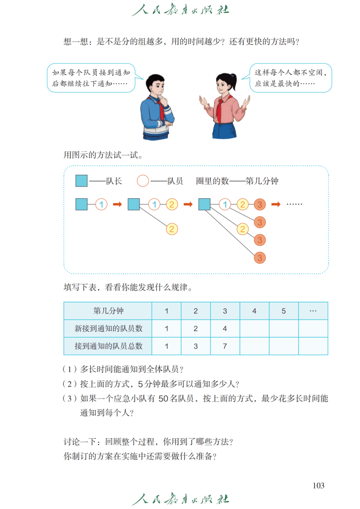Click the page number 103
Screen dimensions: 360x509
point(318,486)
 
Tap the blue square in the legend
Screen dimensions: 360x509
point(81,181)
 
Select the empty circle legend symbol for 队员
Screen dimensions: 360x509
point(143,181)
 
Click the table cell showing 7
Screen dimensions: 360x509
point(225,346)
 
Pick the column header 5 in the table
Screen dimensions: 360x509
point(284,311)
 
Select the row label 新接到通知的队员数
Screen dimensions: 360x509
point(108,328)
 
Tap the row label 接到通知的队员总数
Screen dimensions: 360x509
point(108,346)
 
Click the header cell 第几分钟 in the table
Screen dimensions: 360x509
point(108,311)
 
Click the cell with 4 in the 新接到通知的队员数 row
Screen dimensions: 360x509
point(225,328)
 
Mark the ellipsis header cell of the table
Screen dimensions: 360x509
point(313,311)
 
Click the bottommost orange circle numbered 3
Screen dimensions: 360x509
point(260,258)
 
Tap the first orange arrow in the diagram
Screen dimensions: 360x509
point(117,204)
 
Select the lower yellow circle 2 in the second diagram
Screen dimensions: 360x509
point(172,229)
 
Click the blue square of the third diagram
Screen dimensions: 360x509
point(204,204)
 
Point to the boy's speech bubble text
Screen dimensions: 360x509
point(91,78)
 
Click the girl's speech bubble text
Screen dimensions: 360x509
point(290,78)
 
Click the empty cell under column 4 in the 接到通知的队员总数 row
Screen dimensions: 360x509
point(254,346)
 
